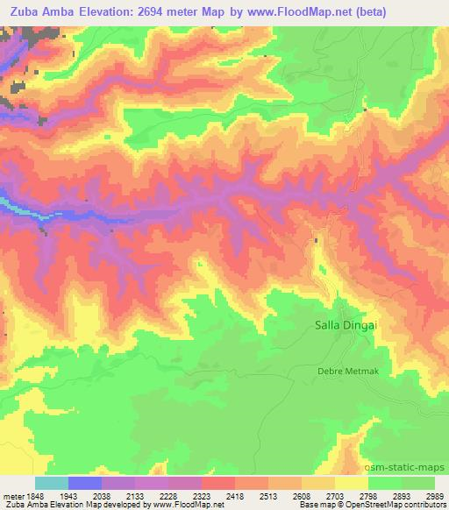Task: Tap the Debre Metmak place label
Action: (346, 371)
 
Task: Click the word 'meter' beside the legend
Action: (11, 495)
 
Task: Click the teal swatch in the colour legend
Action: (51, 483)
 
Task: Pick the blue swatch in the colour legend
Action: (84, 483)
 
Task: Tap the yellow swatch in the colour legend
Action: (351, 483)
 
